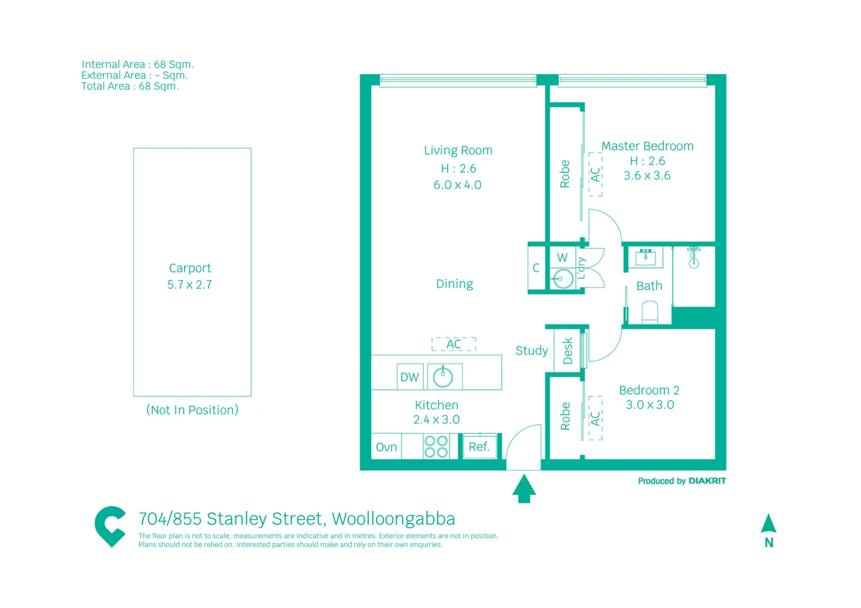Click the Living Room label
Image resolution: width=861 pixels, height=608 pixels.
point(458,150)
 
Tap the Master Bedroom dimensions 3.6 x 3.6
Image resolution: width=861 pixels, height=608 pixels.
point(647,176)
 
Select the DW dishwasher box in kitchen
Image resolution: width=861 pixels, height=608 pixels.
point(409,377)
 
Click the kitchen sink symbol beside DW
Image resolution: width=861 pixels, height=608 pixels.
point(443,377)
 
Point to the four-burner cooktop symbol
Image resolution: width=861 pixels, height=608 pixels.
point(436,446)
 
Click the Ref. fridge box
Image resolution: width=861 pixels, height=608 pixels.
point(479,446)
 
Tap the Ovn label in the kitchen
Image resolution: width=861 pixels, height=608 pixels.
point(386,447)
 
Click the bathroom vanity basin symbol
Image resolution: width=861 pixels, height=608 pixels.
point(645,257)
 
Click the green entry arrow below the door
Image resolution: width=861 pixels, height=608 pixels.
point(524,488)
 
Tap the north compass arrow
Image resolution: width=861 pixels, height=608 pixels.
point(769,524)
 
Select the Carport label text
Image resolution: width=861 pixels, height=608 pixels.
point(190,268)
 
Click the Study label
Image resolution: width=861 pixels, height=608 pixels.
point(532,351)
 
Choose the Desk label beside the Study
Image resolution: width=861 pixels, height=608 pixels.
point(568,351)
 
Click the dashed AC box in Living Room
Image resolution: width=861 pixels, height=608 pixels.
point(454,344)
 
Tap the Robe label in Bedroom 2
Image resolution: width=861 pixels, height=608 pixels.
point(565,416)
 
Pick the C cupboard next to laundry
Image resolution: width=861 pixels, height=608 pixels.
point(536,268)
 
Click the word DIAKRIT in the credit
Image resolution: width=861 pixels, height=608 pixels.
point(707,481)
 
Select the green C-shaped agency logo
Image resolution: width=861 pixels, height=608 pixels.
point(110,526)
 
